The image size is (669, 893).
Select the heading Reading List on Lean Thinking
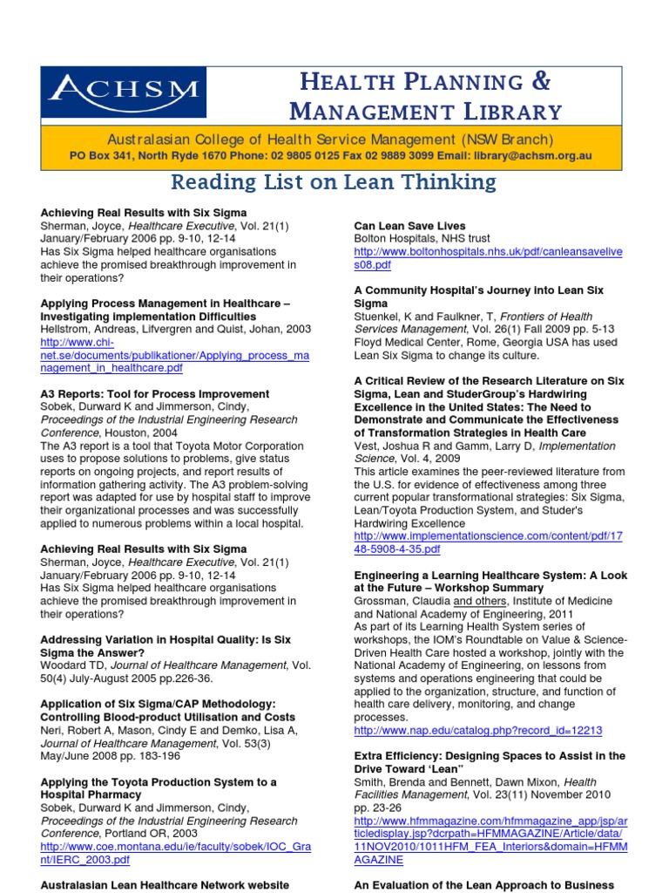tap(334, 182)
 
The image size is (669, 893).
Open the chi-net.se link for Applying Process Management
tap(174, 356)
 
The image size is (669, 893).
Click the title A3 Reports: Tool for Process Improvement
tap(155, 394)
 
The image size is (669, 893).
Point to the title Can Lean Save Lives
tap(409, 226)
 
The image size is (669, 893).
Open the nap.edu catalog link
tap(478, 730)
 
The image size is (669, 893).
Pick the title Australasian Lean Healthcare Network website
tap(165, 884)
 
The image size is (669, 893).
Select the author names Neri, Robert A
tap(81, 730)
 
